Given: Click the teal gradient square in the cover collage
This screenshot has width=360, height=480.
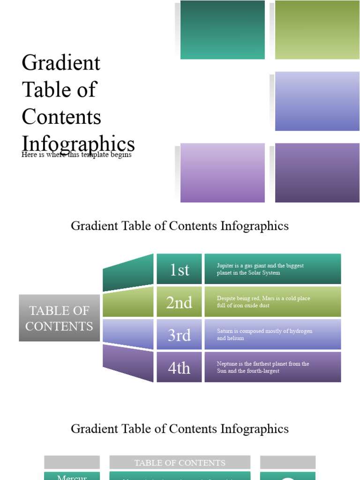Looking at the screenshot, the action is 222,30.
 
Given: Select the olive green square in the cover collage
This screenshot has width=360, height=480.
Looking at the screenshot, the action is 317,30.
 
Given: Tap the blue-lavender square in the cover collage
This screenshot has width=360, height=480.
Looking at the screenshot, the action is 317,101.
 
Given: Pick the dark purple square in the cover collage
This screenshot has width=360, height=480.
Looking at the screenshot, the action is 317,172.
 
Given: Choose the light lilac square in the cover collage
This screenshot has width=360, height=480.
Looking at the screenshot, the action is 222,172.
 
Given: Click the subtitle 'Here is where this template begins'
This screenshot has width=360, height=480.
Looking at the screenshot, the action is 76,155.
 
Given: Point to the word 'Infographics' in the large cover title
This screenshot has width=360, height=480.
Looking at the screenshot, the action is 78,143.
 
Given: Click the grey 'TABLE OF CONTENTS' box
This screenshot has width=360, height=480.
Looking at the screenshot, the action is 59,318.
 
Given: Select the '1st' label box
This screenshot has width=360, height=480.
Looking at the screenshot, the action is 179,270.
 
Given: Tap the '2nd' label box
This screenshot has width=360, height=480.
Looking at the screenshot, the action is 179,302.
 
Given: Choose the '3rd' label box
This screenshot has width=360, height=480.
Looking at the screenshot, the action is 179,335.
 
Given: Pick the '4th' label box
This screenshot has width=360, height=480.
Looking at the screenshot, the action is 179,367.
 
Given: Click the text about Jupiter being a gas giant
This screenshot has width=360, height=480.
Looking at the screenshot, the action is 260,269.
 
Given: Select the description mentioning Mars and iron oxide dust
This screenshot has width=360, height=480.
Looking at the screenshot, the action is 263,302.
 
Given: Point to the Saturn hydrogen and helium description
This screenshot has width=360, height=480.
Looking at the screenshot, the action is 264,334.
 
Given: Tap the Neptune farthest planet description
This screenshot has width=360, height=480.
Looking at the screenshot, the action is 263,367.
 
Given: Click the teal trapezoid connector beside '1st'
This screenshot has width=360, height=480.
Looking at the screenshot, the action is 128,273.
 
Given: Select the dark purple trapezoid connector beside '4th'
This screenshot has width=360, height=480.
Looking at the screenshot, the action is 128,362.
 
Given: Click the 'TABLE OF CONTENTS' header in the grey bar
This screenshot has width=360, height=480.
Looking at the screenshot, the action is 180,463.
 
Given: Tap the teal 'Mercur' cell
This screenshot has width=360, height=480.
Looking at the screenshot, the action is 72,476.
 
